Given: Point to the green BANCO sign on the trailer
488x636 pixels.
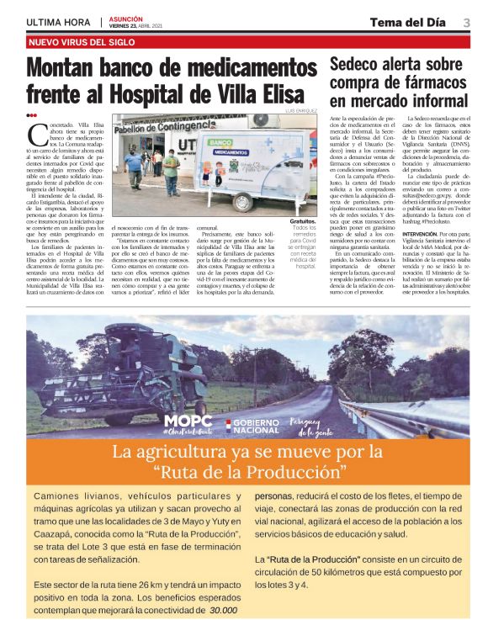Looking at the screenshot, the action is point(221,141).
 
